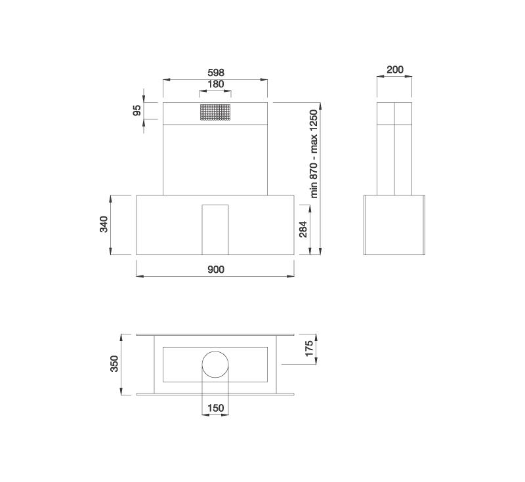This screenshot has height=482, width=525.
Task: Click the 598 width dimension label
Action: (x=216, y=73)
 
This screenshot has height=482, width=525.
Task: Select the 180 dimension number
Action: (x=216, y=84)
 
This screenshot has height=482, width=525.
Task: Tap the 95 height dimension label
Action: (x=137, y=110)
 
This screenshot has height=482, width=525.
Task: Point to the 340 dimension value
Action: (x=104, y=224)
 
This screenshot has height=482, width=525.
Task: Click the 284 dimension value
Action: (x=303, y=229)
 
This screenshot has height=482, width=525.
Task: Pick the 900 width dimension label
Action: (x=216, y=270)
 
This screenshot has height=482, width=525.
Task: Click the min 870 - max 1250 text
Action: (x=314, y=154)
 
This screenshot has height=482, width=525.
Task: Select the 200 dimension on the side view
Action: (x=395, y=70)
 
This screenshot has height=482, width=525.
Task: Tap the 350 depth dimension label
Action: (x=114, y=363)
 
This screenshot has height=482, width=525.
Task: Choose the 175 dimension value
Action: (x=309, y=348)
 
